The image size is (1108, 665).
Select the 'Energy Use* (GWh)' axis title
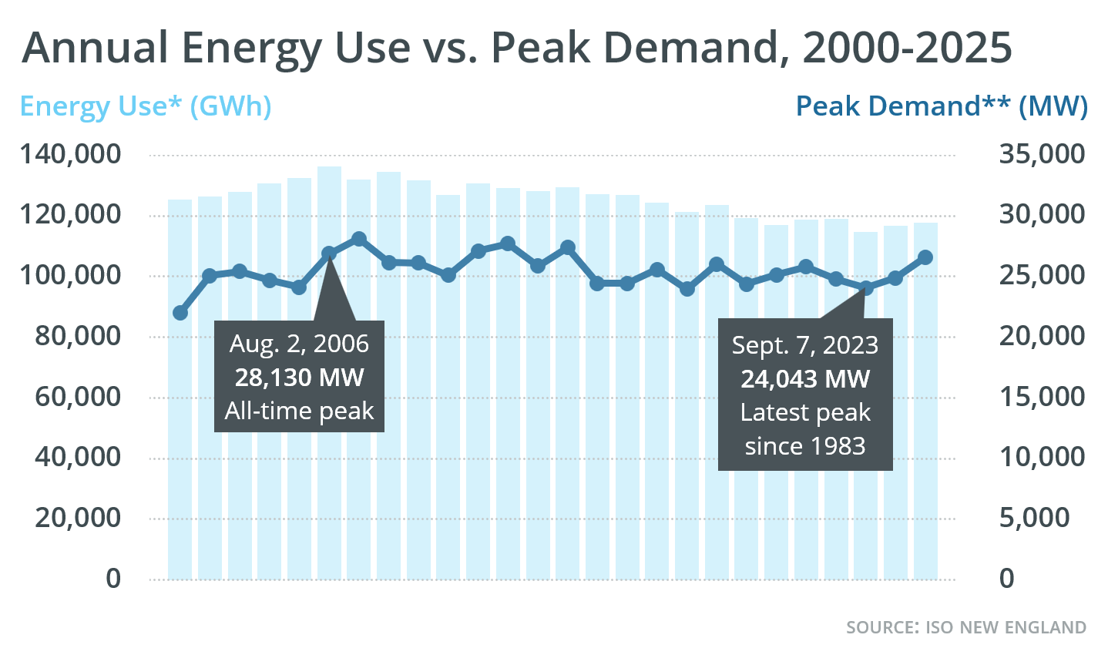(146, 106)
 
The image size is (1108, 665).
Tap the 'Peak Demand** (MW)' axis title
(942, 106)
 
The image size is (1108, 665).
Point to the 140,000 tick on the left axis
(71, 154)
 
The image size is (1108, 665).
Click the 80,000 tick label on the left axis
(78, 336)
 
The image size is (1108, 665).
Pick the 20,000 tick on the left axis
(78, 518)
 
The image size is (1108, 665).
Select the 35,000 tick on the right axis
(1042, 154)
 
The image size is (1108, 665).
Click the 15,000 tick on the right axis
(1042, 397)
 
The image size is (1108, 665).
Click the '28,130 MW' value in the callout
(299, 378)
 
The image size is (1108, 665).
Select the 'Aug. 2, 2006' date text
(299, 344)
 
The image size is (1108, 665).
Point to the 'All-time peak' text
(299, 411)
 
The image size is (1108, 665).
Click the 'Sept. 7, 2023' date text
(805, 345)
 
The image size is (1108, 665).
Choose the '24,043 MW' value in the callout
(805, 379)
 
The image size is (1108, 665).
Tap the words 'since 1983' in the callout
(805, 446)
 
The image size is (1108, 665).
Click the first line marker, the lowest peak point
(180, 313)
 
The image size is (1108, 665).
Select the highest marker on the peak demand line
(358, 240)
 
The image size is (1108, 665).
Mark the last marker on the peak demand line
(925, 257)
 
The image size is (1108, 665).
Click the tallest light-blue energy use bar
(329, 370)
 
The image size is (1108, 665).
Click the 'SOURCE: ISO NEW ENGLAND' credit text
(966, 627)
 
